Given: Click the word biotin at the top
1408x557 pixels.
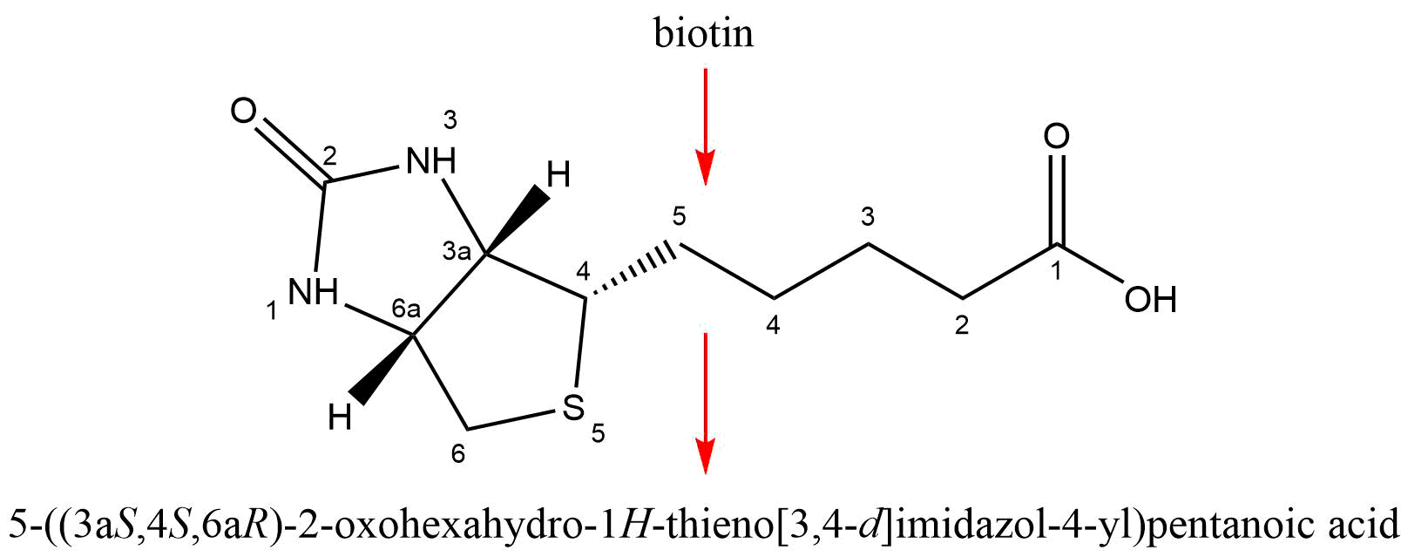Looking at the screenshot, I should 704,34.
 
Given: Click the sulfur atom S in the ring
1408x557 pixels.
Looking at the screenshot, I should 572,406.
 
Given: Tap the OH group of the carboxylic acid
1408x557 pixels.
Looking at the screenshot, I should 1150,300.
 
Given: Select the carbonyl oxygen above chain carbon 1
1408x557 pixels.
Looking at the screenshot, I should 1057,137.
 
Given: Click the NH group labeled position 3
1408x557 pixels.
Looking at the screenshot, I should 431,160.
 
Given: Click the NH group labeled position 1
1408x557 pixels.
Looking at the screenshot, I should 314,293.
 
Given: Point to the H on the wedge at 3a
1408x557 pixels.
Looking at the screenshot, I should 558,176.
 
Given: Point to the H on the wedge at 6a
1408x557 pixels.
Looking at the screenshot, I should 340,418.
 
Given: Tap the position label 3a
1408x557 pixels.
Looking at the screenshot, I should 457,253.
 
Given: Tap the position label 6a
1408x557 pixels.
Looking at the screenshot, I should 406,308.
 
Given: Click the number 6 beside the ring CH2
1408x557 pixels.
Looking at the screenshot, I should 458,454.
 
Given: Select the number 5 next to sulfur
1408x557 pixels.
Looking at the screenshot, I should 598,433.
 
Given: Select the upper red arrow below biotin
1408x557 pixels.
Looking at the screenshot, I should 705,126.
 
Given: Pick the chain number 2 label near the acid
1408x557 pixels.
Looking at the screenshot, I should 961,326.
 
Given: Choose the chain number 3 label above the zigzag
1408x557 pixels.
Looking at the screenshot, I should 867,214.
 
